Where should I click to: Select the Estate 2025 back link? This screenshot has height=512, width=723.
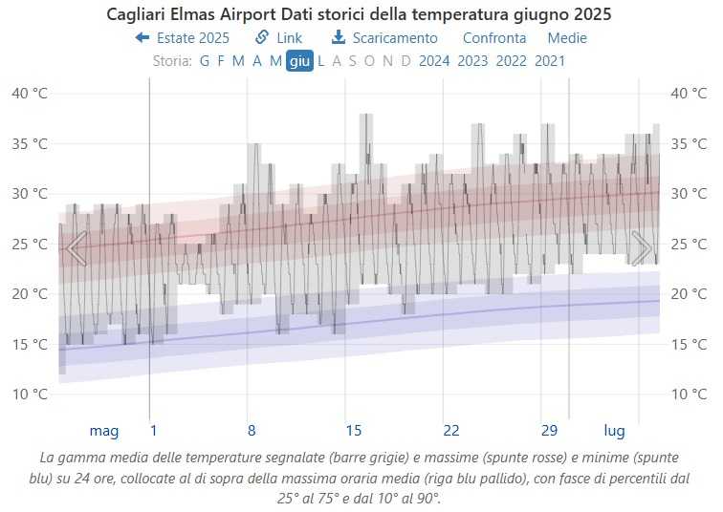coord(183,38)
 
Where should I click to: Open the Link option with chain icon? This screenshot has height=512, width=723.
coord(278,38)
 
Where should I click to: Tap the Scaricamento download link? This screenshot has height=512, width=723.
coord(384,38)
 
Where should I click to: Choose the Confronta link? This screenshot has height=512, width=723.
coord(493,38)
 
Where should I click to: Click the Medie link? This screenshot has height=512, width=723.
coord(567,38)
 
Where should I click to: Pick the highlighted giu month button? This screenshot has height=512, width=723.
coord(299,61)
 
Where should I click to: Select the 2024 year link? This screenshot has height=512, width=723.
coord(434,61)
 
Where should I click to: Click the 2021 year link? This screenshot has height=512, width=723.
coord(550,61)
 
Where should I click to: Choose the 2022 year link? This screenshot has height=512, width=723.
coord(512,61)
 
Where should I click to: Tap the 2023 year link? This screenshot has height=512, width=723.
coord(473,61)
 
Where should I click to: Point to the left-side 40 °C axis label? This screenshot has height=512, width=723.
coord(30,94)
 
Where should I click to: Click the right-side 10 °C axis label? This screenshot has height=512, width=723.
coord(690,395)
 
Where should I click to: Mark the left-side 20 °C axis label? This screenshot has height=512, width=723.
coord(30,294)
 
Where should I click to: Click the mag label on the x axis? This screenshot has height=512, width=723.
coord(104,430)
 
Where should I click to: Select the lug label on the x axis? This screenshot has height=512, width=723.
coord(614,430)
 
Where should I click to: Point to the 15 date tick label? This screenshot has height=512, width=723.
coord(353,430)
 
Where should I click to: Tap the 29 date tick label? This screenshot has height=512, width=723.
coord(549,430)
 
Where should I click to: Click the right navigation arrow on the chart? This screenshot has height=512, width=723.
coord(641,248)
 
